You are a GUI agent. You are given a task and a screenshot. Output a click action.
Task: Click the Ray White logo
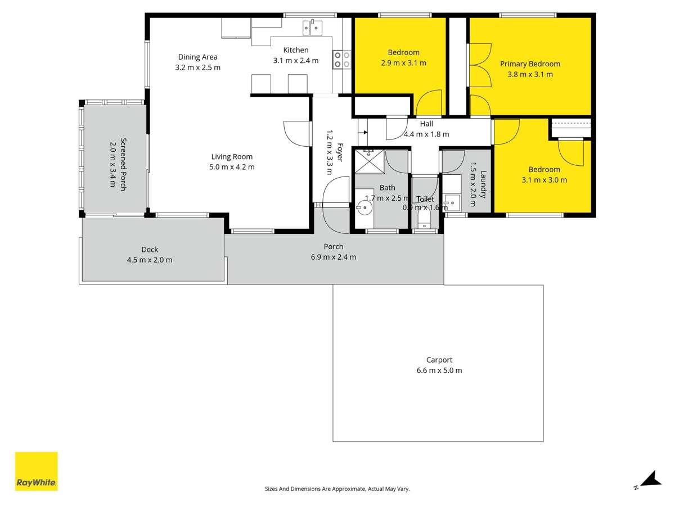[x=36, y=471]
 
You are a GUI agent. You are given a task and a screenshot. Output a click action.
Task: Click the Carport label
[x=439, y=360]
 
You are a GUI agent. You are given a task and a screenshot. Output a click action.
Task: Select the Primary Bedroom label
[x=530, y=64]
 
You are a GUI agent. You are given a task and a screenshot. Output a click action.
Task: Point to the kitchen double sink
[x=312, y=26]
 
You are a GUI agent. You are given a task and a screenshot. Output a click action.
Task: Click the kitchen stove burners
[x=342, y=59]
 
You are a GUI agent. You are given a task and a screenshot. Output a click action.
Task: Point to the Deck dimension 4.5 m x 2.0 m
[x=150, y=260]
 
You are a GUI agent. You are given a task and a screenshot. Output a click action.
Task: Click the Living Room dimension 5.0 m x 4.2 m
[x=232, y=167]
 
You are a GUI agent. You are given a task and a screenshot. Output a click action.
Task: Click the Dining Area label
[x=197, y=57]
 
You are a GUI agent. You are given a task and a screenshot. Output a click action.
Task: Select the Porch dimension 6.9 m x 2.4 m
[x=334, y=257]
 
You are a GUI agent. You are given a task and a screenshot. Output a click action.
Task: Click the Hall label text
[x=426, y=124]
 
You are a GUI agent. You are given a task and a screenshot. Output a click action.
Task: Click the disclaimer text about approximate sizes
[x=337, y=489]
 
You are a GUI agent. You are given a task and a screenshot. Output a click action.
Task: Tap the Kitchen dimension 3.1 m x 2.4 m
[x=296, y=61]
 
